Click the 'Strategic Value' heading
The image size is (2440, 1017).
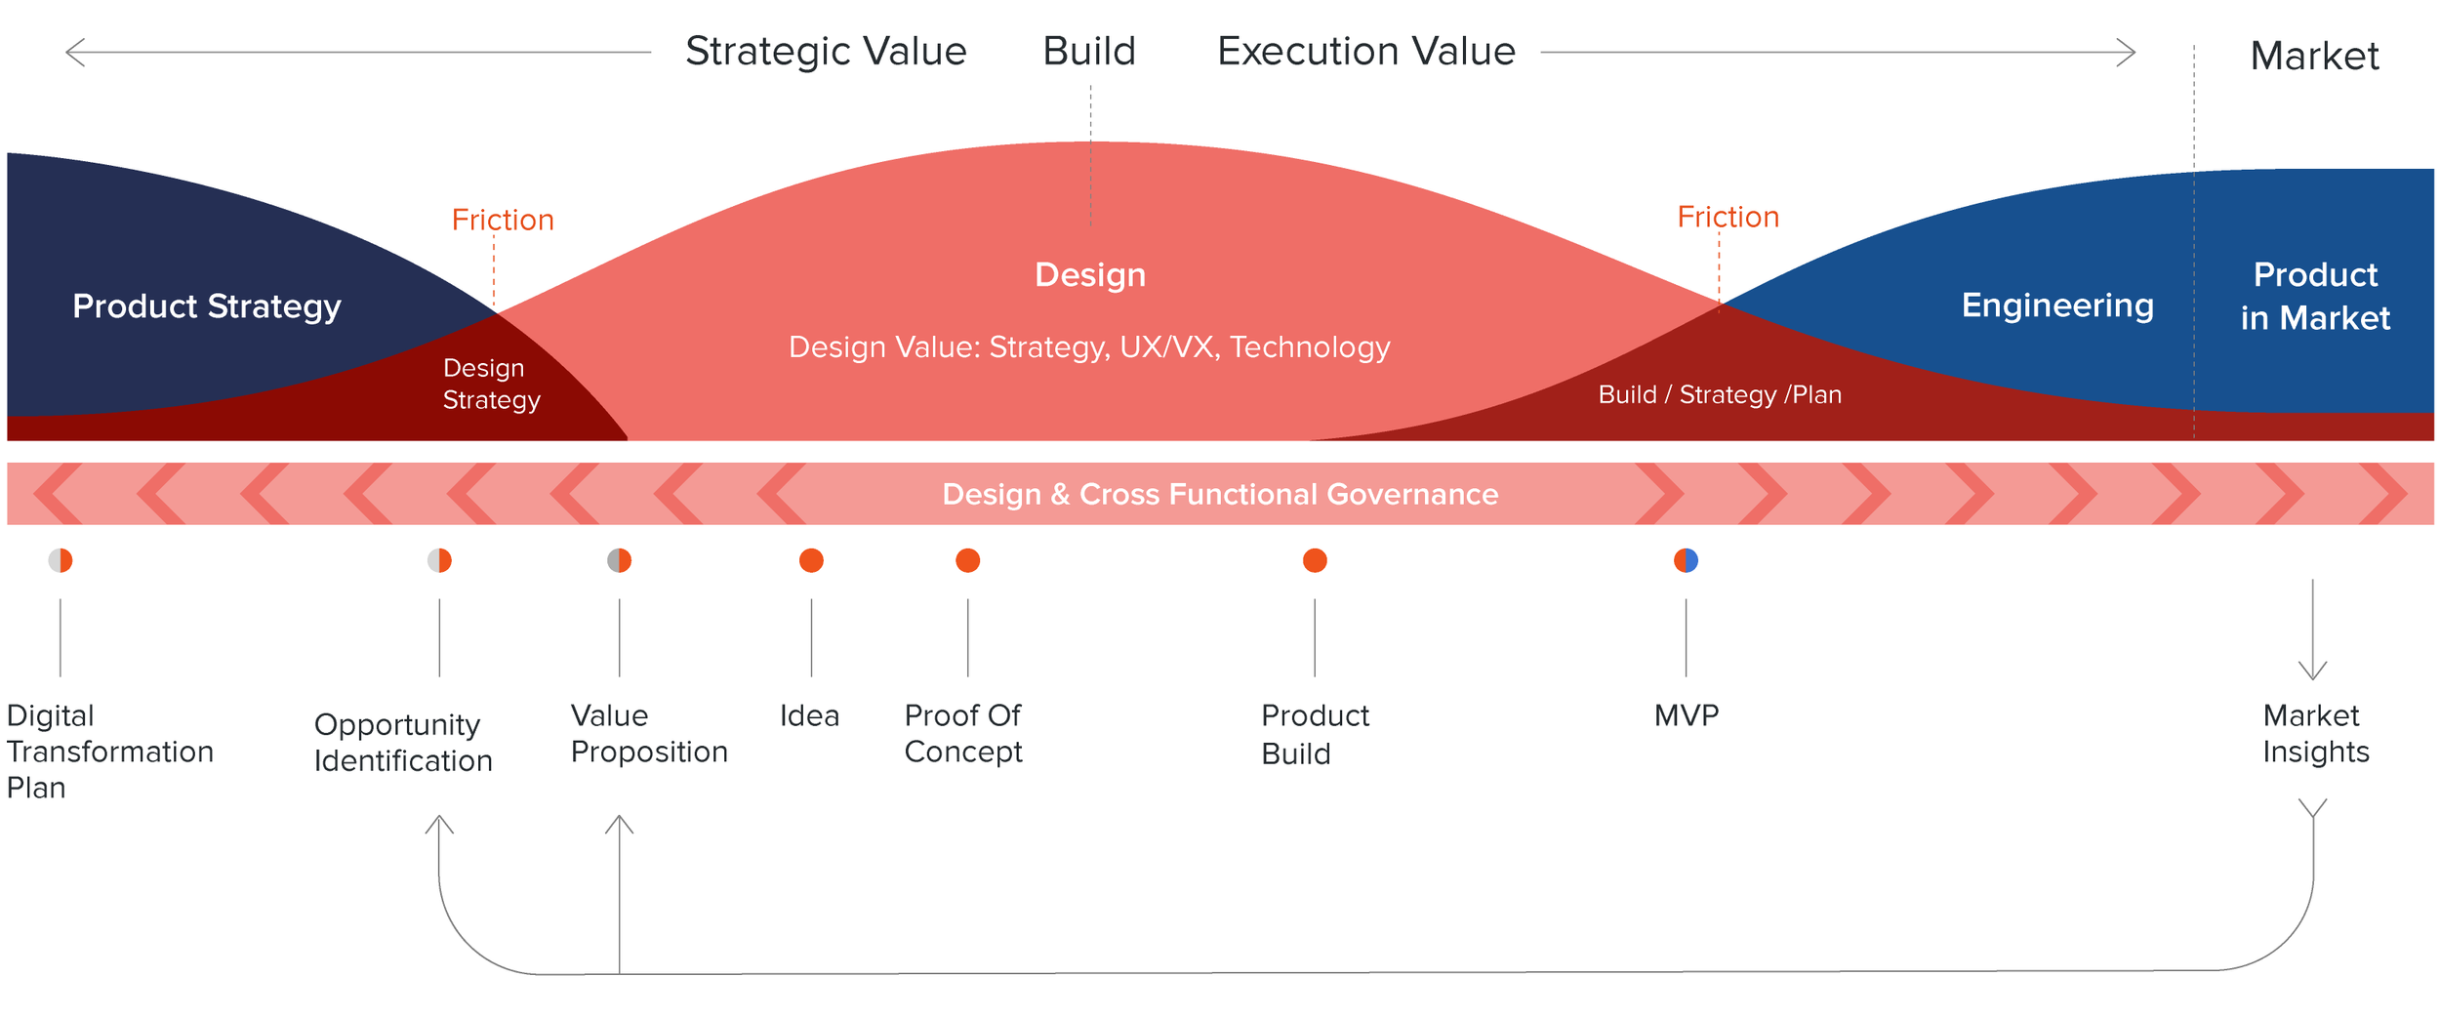pyautogui.click(x=825, y=52)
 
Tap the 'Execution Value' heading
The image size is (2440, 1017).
pyautogui.click(x=1365, y=52)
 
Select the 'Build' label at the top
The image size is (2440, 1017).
pyautogui.click(x=1089, y=52)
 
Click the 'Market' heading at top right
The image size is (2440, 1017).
pyautogui.click(x=2313, y=57)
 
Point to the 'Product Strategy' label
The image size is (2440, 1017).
pyautogui.click(x=207, y=306)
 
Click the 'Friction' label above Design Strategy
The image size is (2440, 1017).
pyautogui.click(x=503, y=221)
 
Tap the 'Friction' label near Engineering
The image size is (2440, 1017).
pyautogui.click(x=1728, y=217)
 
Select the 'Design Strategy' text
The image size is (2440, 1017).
pyautogui.click(x=491, y=384)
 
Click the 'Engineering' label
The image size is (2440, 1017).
pyautogui.click(x=2056, y=305)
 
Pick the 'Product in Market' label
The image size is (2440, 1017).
pyautogui.click(x=2314, y=296)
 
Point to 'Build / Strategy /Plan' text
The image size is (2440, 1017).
pyautogui.click(x=1719, y=394)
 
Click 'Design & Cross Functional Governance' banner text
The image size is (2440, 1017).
pyautogui.click(x=1219, y=494)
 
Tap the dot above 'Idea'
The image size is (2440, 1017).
pyautogui.click(x=811, y=560)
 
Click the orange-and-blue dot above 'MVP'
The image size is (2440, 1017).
pyautogui.click(x=1686, y=560)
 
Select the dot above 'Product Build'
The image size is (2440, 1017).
pyautogui.click(x=1315, y=560)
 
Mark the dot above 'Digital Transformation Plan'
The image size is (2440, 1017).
pyautogui.click(x=61, y=560)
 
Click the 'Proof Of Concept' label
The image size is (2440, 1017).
pyautogui.click(x=962, y=733)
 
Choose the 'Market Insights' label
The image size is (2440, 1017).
pyautogui.click(x=2314, y=733)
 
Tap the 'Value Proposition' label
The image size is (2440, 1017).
pyautogui.click(x=648, y=733)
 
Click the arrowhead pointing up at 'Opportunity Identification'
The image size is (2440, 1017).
pyautogui.click(x=439, y=824)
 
